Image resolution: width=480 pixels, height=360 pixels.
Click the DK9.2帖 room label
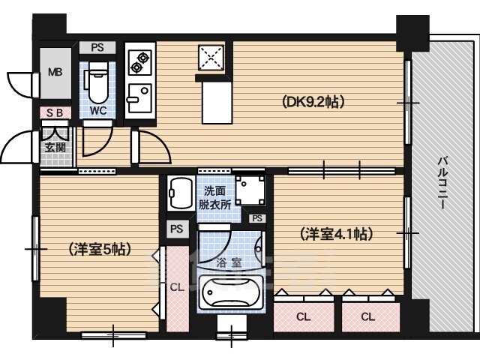(313, 102)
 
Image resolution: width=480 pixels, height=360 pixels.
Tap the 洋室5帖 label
(100, 249)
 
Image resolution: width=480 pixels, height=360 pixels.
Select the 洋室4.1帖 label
(337, 234)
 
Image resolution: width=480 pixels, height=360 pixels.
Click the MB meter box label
(55, 72)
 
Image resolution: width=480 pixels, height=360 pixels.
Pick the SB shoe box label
(55, 113)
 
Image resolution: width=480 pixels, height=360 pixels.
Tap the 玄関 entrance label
(55, 148)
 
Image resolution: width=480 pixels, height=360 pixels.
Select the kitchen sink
(139, 98)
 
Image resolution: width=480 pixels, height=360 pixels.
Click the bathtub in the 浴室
(231, 292)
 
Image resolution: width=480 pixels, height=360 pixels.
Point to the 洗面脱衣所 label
(215, 198)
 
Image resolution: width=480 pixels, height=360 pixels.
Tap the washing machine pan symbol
(250, 190)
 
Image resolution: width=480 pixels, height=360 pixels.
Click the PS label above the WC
(97, 48)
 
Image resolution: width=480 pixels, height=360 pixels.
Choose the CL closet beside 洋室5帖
(178, 287)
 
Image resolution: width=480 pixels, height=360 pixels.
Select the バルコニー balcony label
(442, 183)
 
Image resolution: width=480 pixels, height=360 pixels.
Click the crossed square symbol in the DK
(211, 58)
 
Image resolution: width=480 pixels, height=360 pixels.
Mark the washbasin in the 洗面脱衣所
(181, 193)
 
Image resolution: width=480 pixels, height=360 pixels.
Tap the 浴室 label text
(229, 263)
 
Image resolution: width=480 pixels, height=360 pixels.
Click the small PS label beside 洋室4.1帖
(257, 218)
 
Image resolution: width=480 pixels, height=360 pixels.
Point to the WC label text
(98, 110)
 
